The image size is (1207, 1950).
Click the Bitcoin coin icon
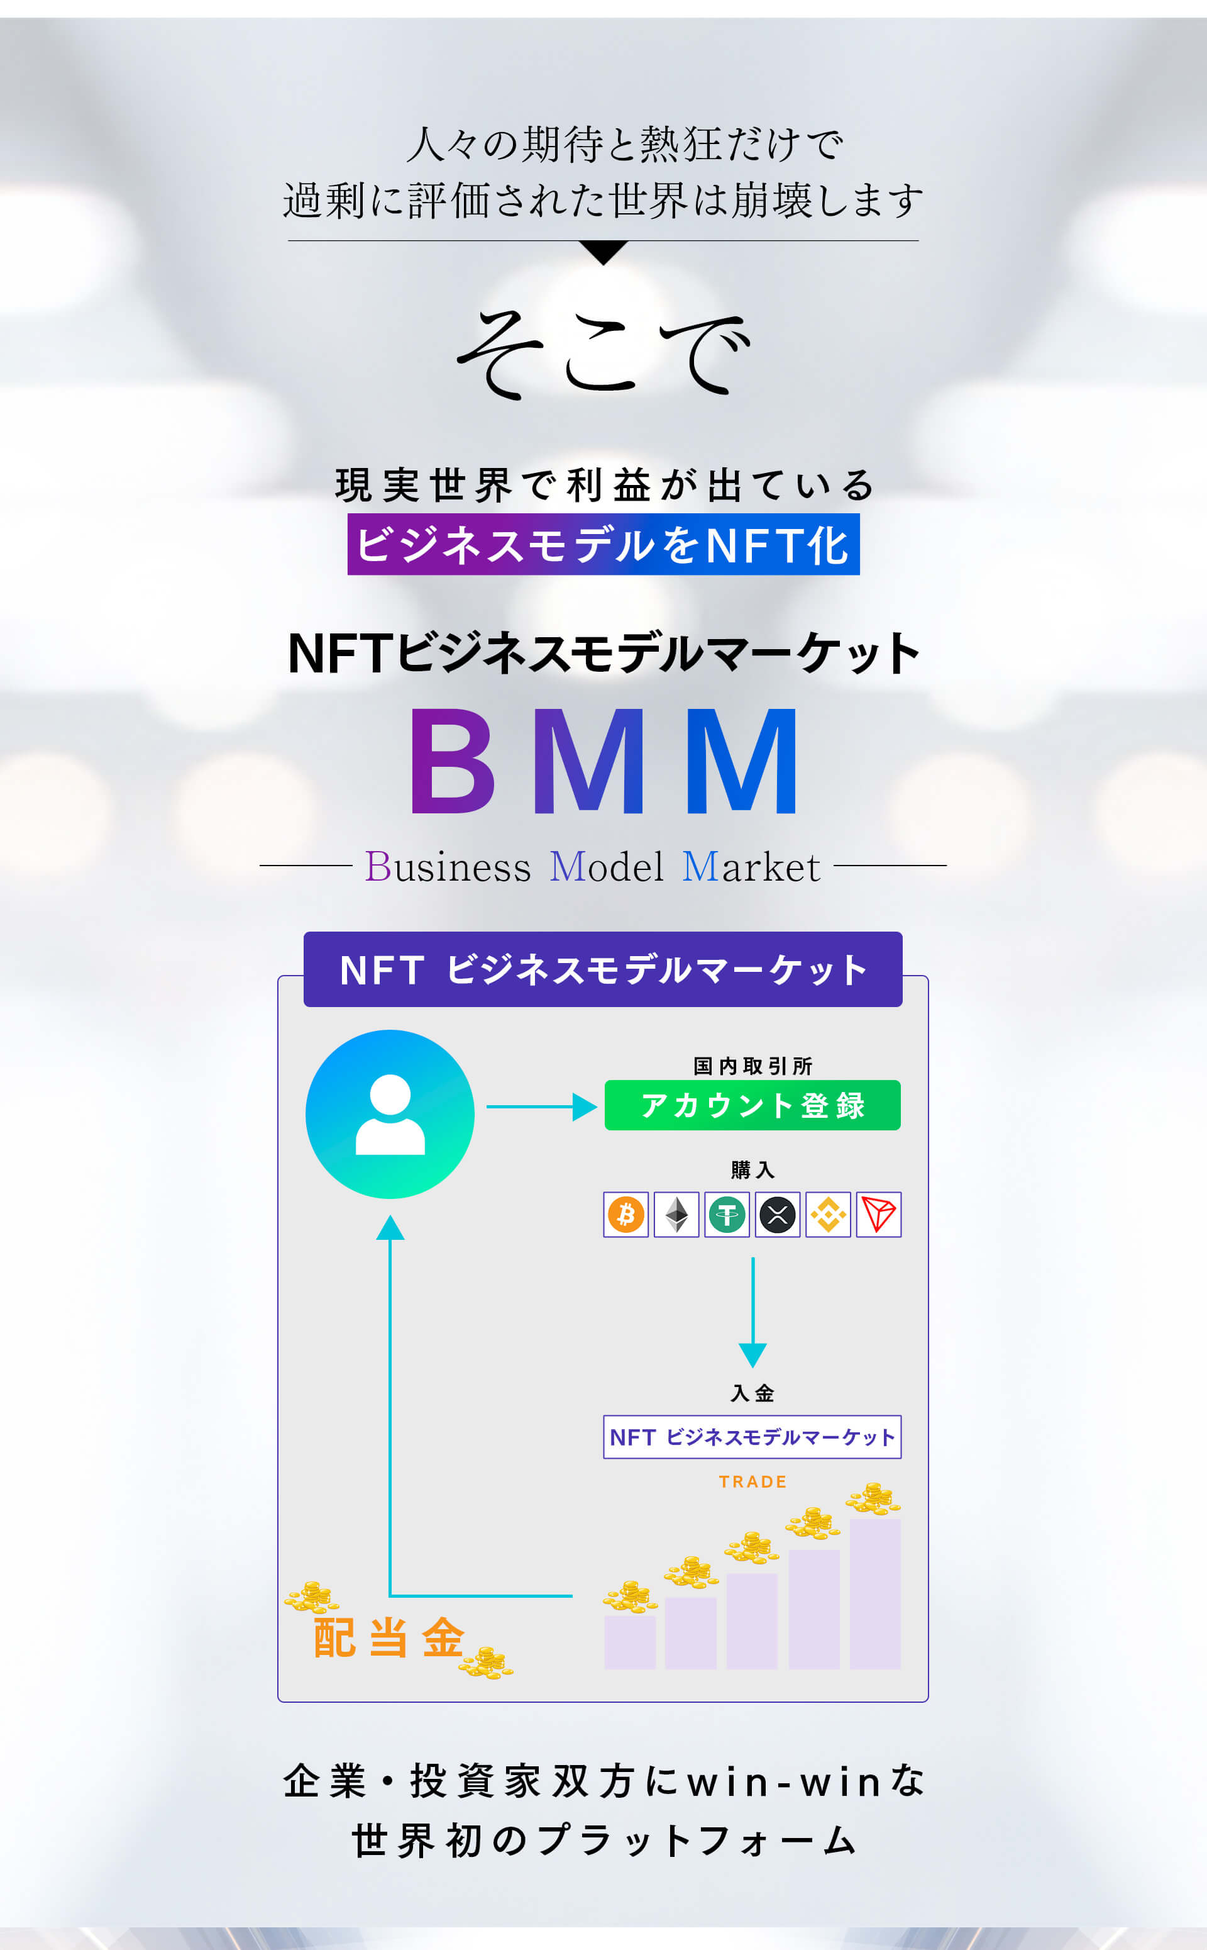626,1215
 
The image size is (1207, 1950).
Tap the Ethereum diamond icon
676,1215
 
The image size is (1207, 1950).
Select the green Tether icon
727,1215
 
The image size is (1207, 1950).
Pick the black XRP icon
778,1215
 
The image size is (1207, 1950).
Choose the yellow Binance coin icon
828,1215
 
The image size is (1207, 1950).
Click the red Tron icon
878,1215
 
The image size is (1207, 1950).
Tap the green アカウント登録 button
752,1105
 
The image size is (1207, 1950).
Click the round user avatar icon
390,1114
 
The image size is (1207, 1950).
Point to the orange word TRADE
752,1482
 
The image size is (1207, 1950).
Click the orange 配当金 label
389,1638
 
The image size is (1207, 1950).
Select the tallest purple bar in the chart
875,1593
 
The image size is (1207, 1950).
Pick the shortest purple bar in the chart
630,1642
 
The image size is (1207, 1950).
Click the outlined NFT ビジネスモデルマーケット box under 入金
752,1437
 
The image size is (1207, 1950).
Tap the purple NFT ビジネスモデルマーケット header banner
603,969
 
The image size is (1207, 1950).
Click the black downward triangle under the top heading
603,252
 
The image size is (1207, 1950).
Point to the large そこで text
603,352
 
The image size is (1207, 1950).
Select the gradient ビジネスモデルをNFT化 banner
603,545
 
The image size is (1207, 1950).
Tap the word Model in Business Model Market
607,866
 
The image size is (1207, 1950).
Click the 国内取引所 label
752,1066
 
